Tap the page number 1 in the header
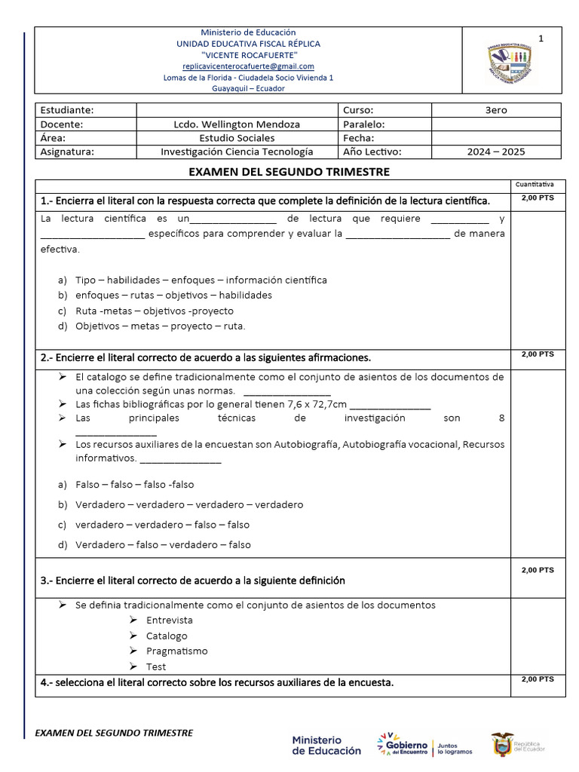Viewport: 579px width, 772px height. [x=540, y=38]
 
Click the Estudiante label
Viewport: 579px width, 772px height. [x=67, y=110]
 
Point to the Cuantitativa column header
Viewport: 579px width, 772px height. [x=535, y=184]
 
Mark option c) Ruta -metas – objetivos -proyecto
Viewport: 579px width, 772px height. [x=154, y=311]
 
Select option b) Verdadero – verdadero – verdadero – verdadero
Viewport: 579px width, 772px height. [x=189, y=504]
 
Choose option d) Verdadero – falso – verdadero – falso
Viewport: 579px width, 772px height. [x=163, y=544]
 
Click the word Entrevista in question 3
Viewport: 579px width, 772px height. [x=170, y=620]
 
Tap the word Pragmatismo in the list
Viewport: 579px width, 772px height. [x=177, y=651]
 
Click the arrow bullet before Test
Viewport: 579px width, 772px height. [x=132, y=666]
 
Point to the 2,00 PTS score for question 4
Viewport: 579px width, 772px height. [x=537, y=679]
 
